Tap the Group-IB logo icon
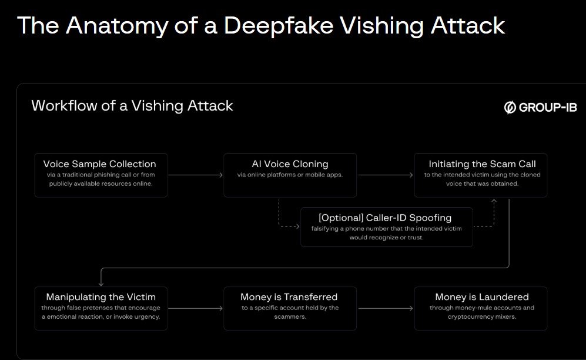[510, 107]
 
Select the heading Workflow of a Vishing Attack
[132, 106]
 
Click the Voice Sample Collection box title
[100, 164]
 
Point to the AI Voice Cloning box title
[290, 164]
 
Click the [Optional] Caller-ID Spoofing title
[385, 218]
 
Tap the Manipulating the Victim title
[101, 297]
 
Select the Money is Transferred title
[289, 297]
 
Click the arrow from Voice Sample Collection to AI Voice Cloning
[195, 175]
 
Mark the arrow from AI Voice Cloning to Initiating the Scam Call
[385, 175]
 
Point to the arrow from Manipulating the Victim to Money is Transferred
[195, 308]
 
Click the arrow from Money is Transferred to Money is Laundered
[385, 308]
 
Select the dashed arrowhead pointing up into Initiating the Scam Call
[494, 202]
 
